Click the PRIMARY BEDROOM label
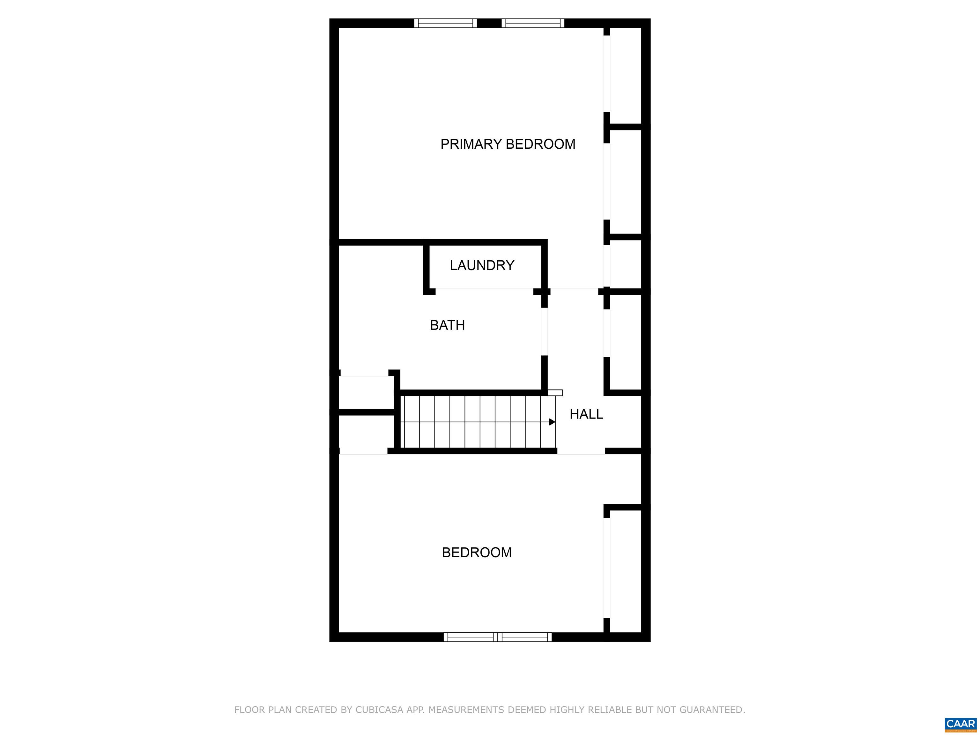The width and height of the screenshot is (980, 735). [x=508, y=144]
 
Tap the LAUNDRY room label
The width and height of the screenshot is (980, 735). [x=482, y=265]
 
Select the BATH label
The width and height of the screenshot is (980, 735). [x=448, y=325]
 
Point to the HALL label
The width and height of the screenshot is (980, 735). [x=586, y=414]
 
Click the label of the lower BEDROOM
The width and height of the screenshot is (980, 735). [x=477, y=553]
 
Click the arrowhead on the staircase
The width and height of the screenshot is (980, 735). [x=552, y=422]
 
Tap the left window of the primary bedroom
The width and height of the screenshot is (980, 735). [x=445, y=23]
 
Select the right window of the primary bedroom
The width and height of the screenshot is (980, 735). [x=533, y=23]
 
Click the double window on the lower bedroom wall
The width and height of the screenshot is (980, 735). [x=498, y=637]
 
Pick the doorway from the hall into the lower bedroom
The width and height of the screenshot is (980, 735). [x=581, y=451]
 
